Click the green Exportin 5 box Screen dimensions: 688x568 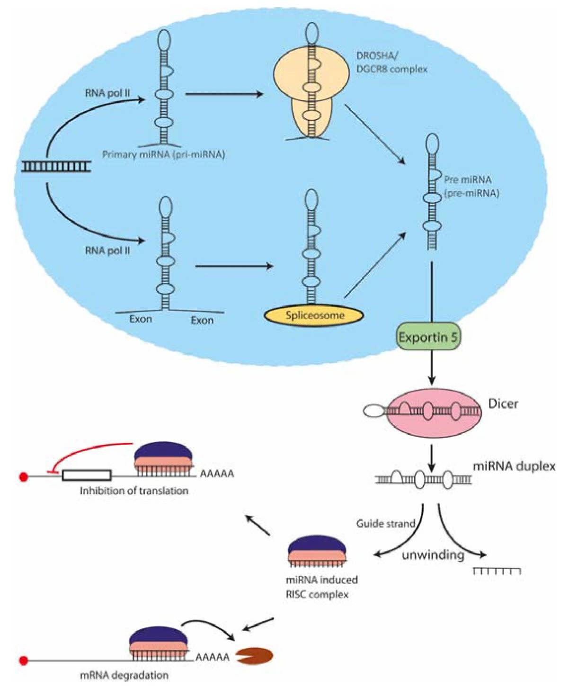pyautogui.click(x=428, y=338)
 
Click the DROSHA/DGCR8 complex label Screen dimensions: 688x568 pyautogui.click(x=391, y=63)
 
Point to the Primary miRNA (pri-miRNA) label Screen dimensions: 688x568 pyautogui.click(x=163, y=154)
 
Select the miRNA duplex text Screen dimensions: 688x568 pyautogui.click(x=514, y=466)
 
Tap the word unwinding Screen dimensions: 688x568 pyautogui.click(x=433, y=555)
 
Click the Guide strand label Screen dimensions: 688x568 pyautogui.click(x=385, y=524)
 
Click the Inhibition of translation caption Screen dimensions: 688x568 pyautogui.click(x=134, y=491)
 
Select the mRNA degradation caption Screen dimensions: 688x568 pyautogui.click(x=124, y=675)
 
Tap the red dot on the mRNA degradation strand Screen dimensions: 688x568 pyautogui.click(x=23, y=660)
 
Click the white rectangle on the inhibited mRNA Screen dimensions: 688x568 pyautogui.click(x=87, y=475)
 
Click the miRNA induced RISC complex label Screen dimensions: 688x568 pyautogui.click(x=321, y=587)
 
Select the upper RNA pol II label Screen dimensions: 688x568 pyautogui.click(x=107, y=93)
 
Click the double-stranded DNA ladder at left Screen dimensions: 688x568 pyautogui.click(x=56, y=166)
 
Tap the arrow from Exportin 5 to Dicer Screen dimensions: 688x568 pyautogui.click(x=431, y=367)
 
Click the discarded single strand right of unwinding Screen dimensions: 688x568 pyautogui.click(x=497, y=571)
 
